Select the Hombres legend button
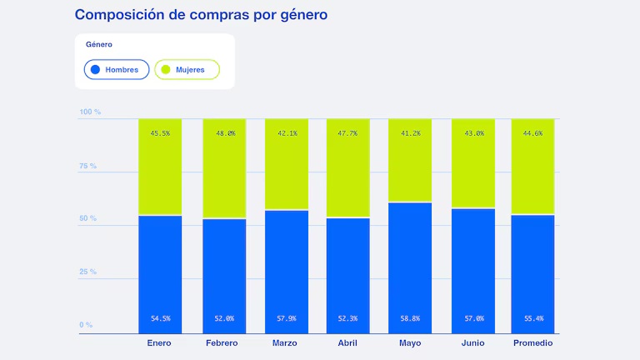[117, 69]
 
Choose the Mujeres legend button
[187, 69]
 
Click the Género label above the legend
[99, 44]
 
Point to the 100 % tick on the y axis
[90, 112]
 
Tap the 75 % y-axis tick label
[88, 166]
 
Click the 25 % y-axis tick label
[88, 272]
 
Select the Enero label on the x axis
[160, 343]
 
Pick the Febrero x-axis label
[222, 343]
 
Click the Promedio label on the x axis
[532, 343]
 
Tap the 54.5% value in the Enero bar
[160, 318]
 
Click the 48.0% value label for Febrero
[225, 133]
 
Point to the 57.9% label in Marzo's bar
[287, 318]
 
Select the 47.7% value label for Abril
[348, 133]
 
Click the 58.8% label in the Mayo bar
[410, 318]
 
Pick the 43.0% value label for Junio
[473, 133]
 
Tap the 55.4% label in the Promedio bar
[532, 318]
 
